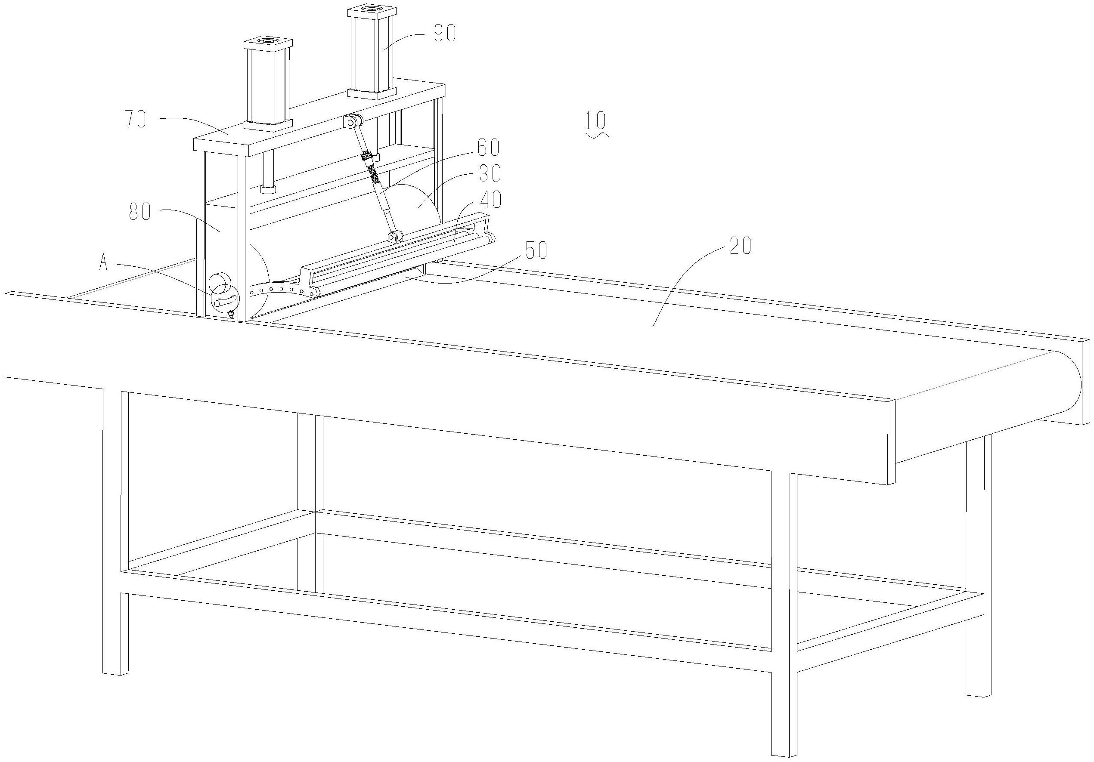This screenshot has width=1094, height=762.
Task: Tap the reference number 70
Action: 136,119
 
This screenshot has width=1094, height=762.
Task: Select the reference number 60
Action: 488,148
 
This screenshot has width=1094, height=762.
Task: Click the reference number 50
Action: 535,250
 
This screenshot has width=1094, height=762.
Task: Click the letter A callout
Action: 103,262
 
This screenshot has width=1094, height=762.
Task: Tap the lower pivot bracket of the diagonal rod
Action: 395,237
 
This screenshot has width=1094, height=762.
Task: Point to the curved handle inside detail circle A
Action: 225,301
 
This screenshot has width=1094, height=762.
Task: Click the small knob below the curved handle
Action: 231,314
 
